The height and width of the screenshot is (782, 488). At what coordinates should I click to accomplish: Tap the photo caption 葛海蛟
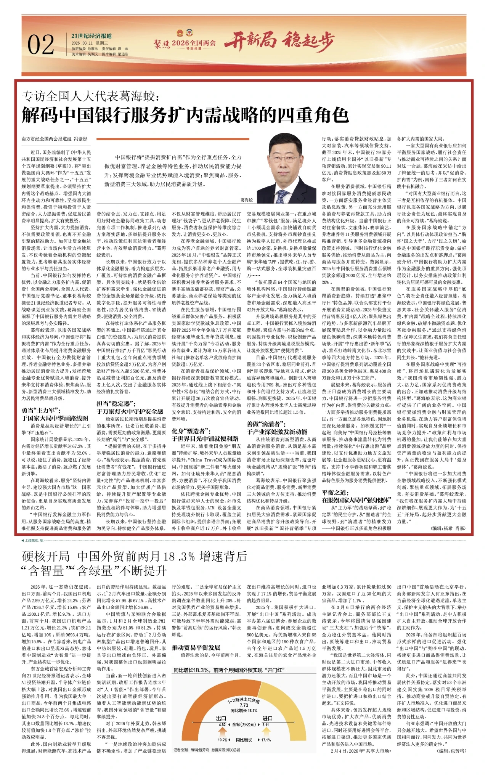click(x=247, y=200)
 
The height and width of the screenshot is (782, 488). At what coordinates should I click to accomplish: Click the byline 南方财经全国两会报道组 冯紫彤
click(x=55, y=139)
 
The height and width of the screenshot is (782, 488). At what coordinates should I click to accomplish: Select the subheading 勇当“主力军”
click(x=40, y=411)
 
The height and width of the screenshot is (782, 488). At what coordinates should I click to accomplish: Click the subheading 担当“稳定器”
click(x=116, y=404)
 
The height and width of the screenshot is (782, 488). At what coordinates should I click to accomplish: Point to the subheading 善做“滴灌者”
click(x=266, y=424)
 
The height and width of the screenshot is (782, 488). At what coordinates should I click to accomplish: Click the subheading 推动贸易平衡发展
click(x=196, y=647)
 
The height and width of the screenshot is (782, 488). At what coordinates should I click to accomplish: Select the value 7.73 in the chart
click(x=244, y=705)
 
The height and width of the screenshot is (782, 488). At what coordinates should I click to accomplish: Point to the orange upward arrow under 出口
click(x=222, y=732)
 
